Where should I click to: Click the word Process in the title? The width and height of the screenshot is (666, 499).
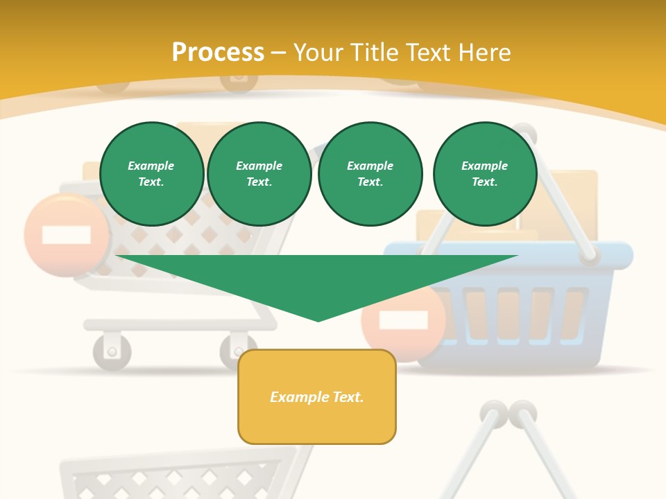click(218, 53)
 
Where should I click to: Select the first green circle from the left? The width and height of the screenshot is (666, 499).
click(151, 174)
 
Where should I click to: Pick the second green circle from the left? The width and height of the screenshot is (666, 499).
click(259, 174)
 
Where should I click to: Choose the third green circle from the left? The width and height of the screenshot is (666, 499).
click(370, 174)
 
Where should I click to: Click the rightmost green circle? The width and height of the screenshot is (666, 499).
click(484, 174)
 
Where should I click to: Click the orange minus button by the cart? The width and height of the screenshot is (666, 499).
click(67, 235)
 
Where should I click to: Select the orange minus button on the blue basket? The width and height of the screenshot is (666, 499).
click(403, 320)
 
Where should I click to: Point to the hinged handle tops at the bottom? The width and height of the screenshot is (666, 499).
click(509, 414)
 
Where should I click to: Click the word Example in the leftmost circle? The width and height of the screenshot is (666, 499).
click(151, 166)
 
